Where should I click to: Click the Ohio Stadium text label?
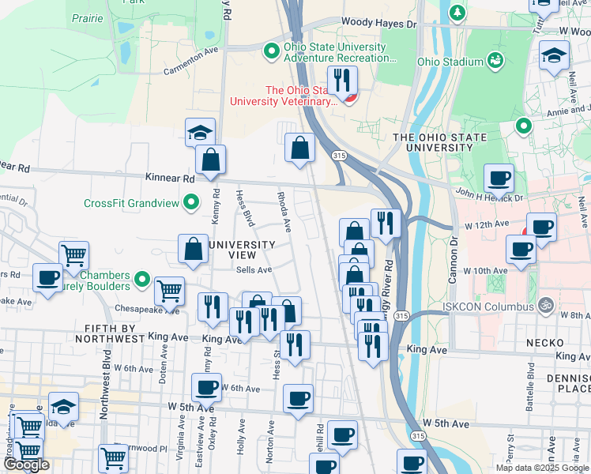click(x=450, y=62)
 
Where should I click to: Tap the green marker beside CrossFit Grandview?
click(x=191, y=204)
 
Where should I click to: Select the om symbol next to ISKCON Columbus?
click(x=544, y=305)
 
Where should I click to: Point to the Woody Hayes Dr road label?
click(x=378, y=24)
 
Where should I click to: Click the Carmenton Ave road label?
click(x=190, y=65)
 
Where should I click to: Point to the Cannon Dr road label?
click(x=454, y=254)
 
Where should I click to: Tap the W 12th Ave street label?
click(x=485, y=226)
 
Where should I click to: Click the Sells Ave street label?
click(x=254, y=269)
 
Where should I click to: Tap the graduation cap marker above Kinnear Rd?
click(x=201, y=132)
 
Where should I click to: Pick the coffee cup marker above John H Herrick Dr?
click(x=499, y=178)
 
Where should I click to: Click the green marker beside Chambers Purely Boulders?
click(x=141, y=278)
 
